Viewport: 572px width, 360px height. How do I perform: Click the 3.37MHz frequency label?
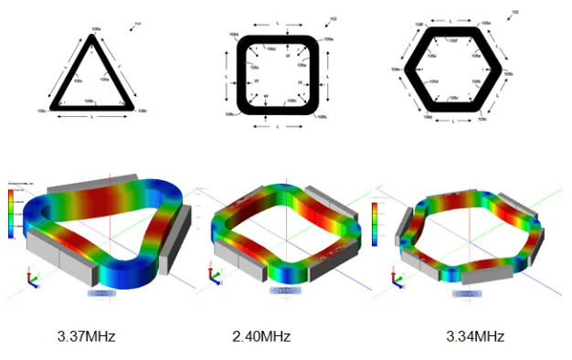pyautogui.click(x=88, y=337)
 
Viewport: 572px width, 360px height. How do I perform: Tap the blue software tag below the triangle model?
pyautogui.click(x=101, y=293)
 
